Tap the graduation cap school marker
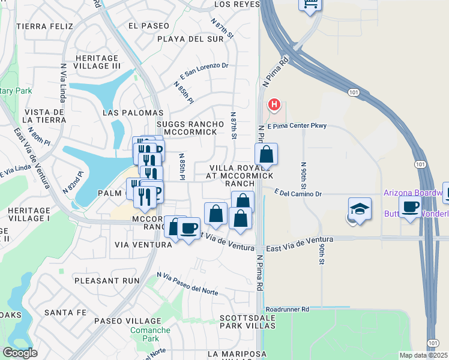[360, 210]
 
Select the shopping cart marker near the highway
[310, 5]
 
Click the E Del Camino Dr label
[298, 194]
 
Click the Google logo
[19, 353]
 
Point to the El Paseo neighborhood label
[149, 26]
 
